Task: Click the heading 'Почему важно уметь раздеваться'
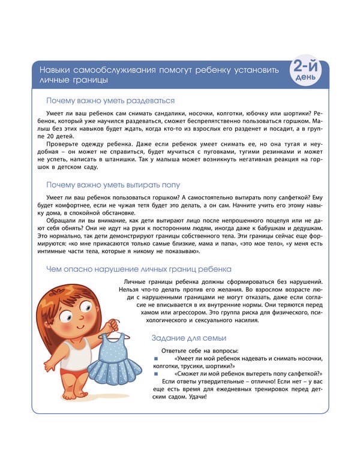point(110,100)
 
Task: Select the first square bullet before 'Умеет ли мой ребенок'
point(155,358)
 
